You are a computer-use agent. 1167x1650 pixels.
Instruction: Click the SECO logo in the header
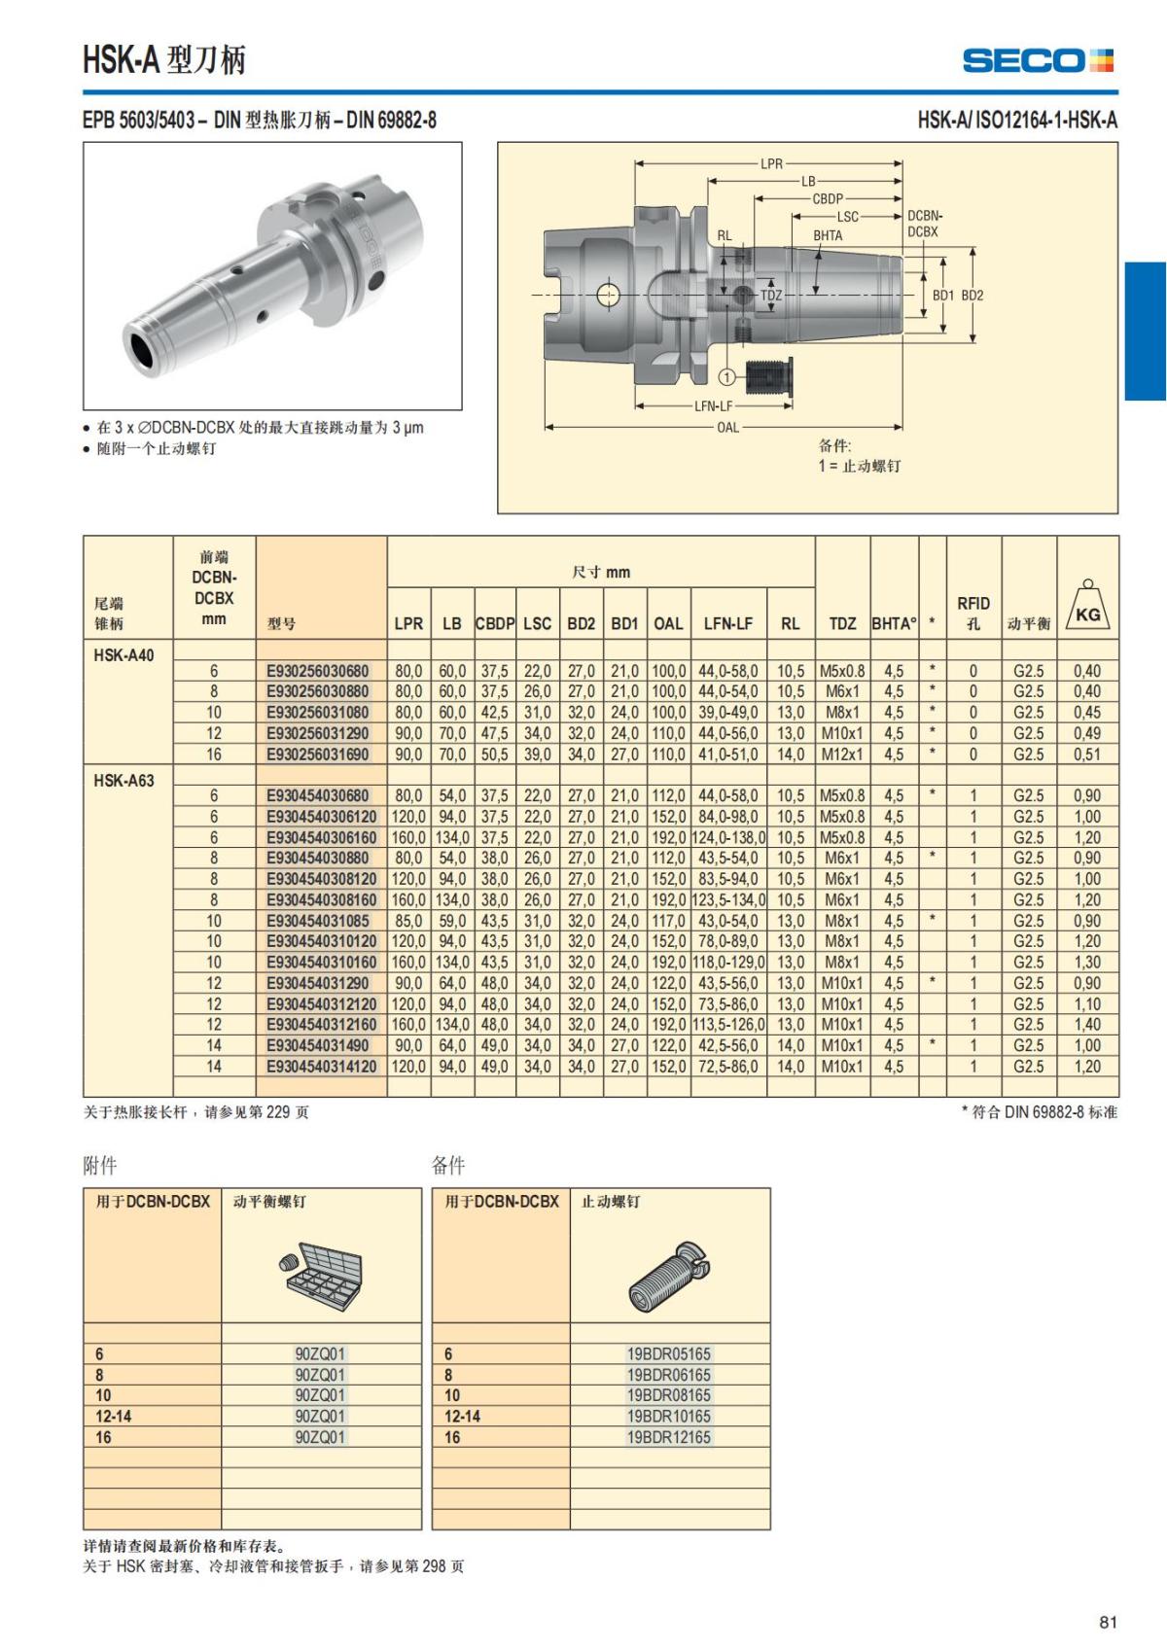[1038, 60]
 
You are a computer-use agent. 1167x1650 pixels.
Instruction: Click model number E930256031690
[318, 755]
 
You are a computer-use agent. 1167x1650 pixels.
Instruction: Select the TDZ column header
[842, 623]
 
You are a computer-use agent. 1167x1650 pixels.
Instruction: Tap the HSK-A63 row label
[124, 780]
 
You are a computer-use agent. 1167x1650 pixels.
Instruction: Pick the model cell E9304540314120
[321, 1067]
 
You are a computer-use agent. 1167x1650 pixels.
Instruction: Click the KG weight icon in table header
[1087, 606]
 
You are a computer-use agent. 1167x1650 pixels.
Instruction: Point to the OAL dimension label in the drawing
[727, 427]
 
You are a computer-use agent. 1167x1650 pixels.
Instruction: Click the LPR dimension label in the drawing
[771, 164]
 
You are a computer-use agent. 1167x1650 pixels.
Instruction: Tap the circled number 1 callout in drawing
[727, 376]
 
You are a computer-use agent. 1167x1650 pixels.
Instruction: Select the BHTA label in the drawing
[828, 235]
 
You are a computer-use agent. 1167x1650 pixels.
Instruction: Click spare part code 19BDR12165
[669, 1437]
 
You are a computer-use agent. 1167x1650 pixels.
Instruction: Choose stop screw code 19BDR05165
[669, 1353]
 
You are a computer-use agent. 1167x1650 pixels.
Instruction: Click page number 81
[1108, 1622]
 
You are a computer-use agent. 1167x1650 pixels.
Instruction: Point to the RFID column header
[972, 613]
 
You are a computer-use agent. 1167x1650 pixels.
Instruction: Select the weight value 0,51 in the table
[1087, 755]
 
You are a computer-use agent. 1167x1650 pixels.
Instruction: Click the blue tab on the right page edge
[1146, 331]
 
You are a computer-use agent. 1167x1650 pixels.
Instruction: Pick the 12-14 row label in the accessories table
[114, 1417]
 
